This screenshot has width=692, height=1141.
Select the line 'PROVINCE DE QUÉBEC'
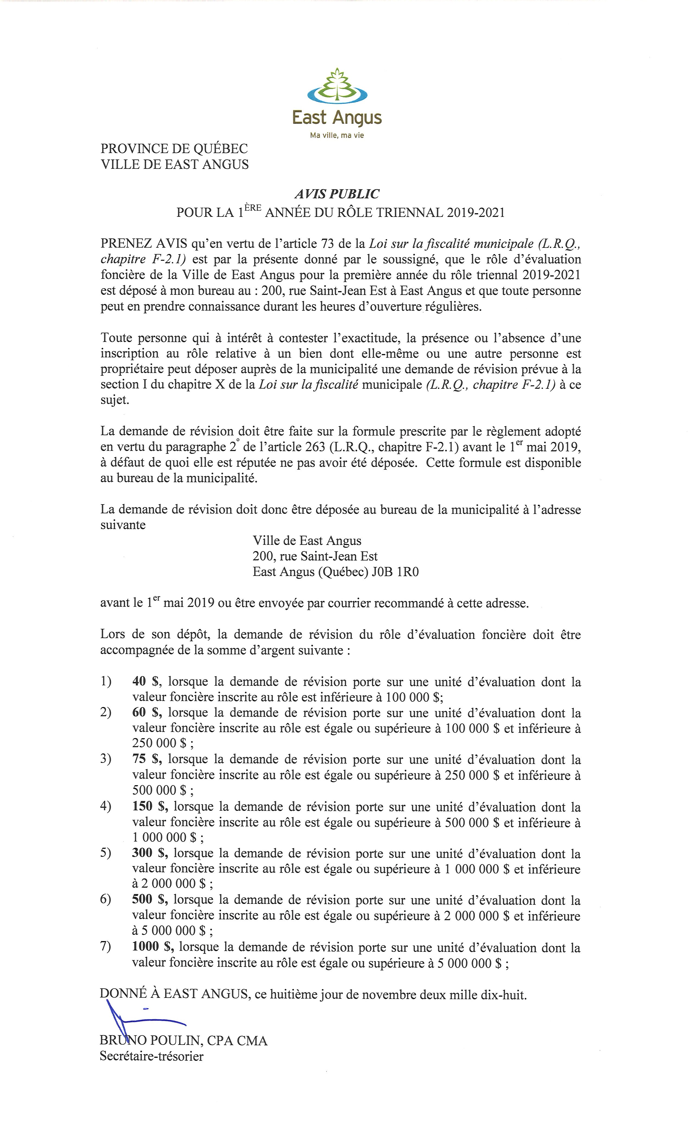174,149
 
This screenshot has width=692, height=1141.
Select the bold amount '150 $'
149,806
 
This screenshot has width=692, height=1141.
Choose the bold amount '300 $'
149,853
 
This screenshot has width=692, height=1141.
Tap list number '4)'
106,806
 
